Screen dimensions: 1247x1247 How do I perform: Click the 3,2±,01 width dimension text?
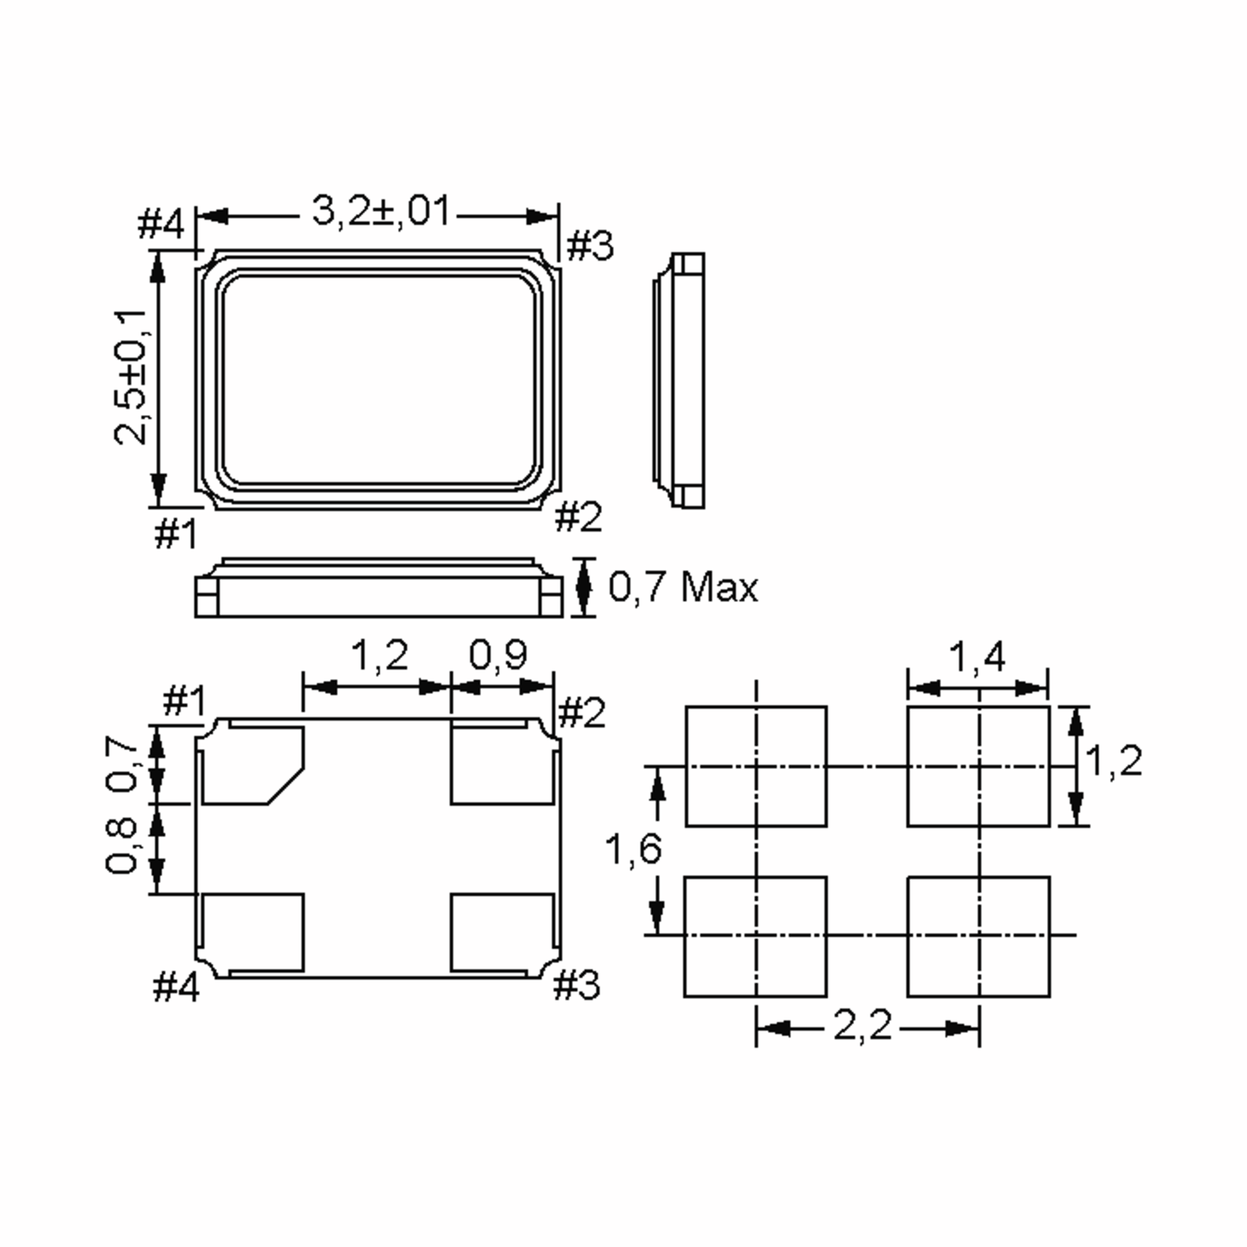pos(381,210)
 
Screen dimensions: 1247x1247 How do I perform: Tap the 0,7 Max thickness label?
pos(683,587)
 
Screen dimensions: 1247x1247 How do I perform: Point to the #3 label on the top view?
pos(589,246)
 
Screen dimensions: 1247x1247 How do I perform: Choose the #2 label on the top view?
pos(578,517)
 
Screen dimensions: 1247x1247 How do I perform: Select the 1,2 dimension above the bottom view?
pos(379,655)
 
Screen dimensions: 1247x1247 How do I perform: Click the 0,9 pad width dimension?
pos(498,655)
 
